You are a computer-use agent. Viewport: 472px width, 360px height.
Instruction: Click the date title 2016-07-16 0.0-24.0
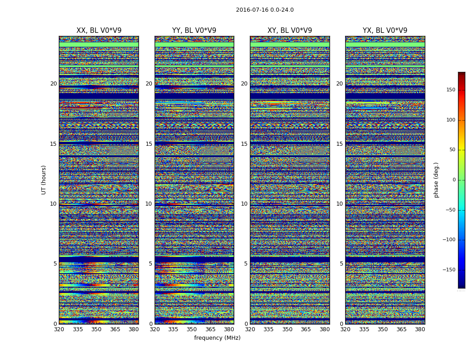tap(265, 10)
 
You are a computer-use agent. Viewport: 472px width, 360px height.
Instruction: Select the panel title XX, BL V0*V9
tap(99, 31)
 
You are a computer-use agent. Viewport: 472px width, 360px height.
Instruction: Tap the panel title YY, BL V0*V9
tap(194, 31)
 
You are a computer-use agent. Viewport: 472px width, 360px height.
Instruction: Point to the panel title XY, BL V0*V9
tap(289, 31)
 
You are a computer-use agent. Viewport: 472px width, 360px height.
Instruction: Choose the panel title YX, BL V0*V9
tap(385, 31)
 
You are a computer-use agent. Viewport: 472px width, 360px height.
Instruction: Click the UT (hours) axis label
tap(44, 180)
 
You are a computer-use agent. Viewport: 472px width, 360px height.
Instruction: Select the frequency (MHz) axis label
tap(217, 338)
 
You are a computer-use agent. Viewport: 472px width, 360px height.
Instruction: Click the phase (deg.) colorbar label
tap(436, 180)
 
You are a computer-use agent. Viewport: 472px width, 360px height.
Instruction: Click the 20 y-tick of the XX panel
tap(53, 84)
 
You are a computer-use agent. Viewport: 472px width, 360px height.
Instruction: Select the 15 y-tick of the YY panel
tap(149, 144)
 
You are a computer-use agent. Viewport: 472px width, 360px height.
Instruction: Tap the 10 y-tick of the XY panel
tap(244, 204)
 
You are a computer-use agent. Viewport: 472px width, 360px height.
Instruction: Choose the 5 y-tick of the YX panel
tap(341, 264)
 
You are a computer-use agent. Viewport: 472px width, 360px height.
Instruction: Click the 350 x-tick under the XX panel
tap(97, 329)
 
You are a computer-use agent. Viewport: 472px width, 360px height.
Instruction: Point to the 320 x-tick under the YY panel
tap(155, 329)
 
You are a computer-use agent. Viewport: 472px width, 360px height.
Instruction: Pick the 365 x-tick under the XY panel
tap(306, 329)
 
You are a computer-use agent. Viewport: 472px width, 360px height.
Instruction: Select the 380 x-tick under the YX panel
tap(420, 329)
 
